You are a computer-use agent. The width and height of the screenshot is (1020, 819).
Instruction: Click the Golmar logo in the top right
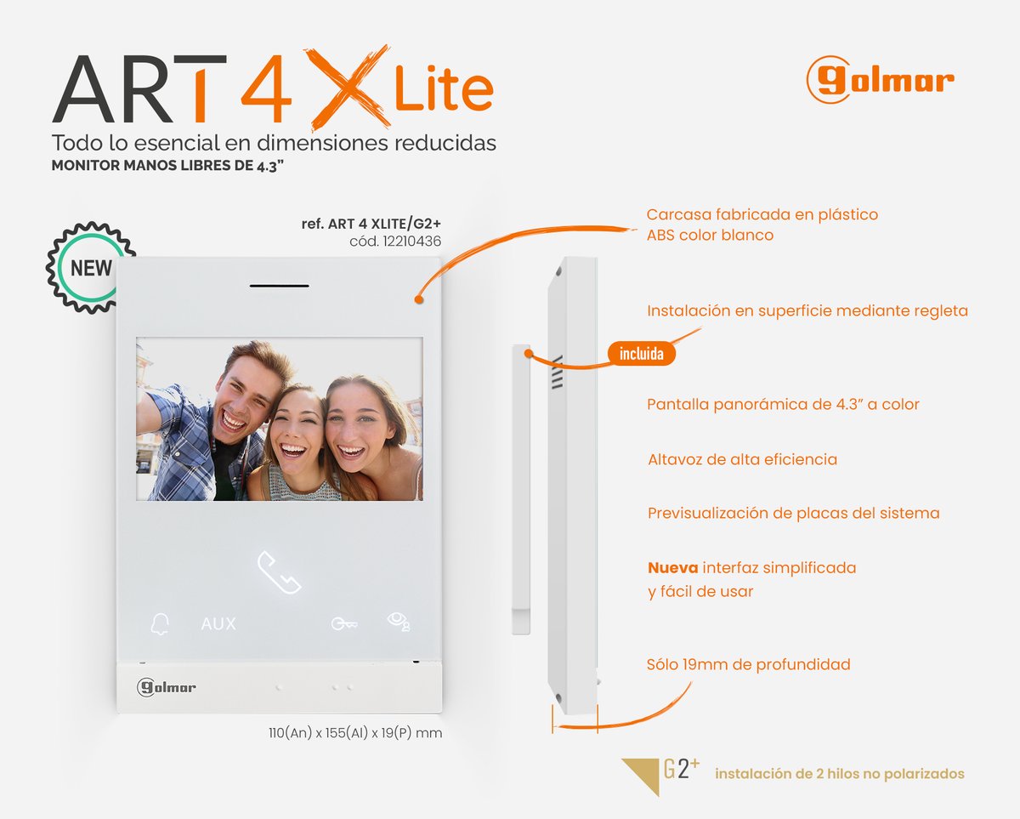(880, 80)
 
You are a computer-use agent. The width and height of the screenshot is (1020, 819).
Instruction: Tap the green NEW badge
(90, 268)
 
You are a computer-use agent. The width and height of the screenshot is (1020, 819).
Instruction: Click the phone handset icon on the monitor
(279, 572)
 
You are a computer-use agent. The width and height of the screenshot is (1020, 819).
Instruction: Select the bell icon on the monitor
(159, 624)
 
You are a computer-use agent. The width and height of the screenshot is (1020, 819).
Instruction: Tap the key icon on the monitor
(343, 624)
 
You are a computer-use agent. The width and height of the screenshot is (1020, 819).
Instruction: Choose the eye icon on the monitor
(398, 622)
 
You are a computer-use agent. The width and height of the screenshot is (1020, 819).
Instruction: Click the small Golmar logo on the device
(167, 687)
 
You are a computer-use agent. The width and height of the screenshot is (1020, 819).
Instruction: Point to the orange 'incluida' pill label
(641, 354)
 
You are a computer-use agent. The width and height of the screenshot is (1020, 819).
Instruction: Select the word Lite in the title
(443, 90)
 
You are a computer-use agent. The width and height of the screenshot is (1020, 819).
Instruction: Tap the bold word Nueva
(672, 567)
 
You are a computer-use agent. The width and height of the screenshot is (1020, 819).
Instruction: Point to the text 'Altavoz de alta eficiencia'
(742, 459)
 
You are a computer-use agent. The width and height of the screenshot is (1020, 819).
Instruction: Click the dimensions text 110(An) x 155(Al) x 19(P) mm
(354, 732)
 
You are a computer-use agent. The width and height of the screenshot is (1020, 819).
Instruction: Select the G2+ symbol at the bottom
(681, 770)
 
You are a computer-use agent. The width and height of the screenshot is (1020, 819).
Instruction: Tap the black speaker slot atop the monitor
(279, 285)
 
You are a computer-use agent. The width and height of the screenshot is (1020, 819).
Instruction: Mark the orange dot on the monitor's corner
(418, 299)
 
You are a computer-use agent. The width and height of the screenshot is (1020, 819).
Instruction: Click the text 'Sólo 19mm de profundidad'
(748, 664)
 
